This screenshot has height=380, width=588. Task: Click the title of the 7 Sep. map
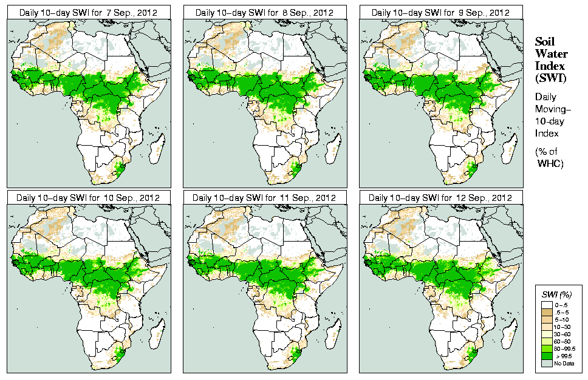pyautogui.click(x=88, y=12)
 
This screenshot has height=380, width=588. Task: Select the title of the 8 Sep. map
pyautogui.click(x=265, y=12)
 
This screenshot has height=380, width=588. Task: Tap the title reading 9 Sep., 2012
pyautogui.click(x=441, y=12)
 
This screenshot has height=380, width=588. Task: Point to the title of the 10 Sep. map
pyautogui.click(x=88, y=198)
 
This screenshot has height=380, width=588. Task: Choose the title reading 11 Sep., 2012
pyautogui.click(x=265, y=198)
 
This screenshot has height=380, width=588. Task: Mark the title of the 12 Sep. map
pyautogui.click(x=441, y=198)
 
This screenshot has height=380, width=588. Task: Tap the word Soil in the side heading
pyautogui.click(x=545, y=41)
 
